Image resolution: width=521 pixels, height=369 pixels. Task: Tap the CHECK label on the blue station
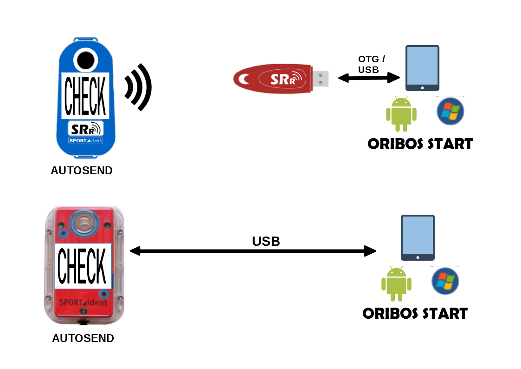85,96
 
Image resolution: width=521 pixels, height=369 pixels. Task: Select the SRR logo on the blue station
85,129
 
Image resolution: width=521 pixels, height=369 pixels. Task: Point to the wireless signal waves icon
138,87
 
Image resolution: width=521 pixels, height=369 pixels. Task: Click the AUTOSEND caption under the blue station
82,171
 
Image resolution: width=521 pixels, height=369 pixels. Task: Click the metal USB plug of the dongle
320,78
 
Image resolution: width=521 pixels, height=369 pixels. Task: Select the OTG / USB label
371,65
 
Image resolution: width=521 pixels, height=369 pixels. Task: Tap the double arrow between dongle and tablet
369,79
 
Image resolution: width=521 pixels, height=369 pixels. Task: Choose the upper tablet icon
422,68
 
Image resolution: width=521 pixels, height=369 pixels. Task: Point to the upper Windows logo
450,111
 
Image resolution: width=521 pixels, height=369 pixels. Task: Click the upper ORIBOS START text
420,144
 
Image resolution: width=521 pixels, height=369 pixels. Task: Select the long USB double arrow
253,251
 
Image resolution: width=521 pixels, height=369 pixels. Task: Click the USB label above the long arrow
266,241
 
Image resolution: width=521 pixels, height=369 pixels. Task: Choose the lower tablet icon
418,237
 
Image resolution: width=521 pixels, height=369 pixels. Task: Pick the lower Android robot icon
396,283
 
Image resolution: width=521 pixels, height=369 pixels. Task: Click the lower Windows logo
445,281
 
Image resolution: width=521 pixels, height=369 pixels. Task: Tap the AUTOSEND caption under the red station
83,338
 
